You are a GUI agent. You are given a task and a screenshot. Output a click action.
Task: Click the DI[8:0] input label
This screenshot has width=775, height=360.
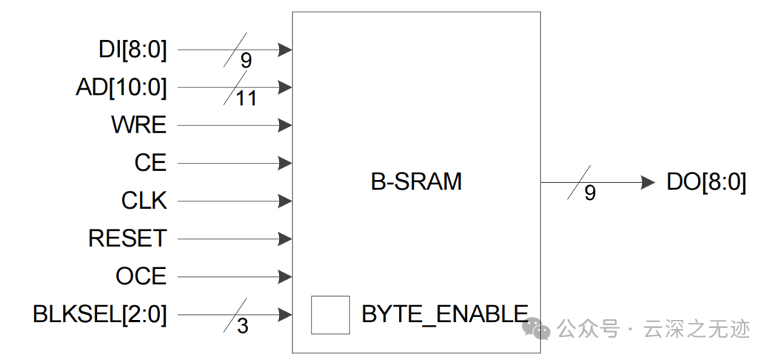pos(133,50)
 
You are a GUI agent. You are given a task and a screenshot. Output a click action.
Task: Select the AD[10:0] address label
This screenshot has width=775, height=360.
pos(121,88)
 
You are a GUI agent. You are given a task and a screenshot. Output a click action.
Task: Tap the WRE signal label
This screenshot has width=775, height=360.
pos(138,125)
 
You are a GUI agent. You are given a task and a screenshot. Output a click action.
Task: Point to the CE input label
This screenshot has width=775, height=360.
pos(150,164)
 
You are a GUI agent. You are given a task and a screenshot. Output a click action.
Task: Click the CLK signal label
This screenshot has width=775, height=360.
pos(144,201)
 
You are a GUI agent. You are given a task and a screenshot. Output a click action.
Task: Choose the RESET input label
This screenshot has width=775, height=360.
pos(127,238)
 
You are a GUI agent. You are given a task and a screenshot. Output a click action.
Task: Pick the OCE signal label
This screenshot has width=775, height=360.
pos(141,276)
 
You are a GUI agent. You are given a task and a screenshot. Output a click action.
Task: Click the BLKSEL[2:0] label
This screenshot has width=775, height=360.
pos(100,314)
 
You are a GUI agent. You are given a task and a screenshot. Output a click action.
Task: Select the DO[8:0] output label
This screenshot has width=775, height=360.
pos(706,183)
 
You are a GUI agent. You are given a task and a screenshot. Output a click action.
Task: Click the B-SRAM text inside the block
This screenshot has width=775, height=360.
pos(416,181)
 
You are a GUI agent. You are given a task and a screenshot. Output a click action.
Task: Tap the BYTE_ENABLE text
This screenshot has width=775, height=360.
pos(445,314)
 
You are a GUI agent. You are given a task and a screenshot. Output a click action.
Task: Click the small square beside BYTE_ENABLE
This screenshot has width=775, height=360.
pos(330,315)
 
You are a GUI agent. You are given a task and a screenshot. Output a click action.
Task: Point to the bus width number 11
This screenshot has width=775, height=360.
pos(246,99)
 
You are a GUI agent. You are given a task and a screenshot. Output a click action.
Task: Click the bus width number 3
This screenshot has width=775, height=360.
pos(243,326)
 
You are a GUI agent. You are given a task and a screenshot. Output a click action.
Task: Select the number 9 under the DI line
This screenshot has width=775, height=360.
pos(246,61)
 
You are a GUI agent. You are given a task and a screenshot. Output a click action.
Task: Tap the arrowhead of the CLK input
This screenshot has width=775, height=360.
pos(285,201)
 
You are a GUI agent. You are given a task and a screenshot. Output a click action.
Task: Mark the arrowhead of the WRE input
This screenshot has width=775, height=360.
pos(285,125)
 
